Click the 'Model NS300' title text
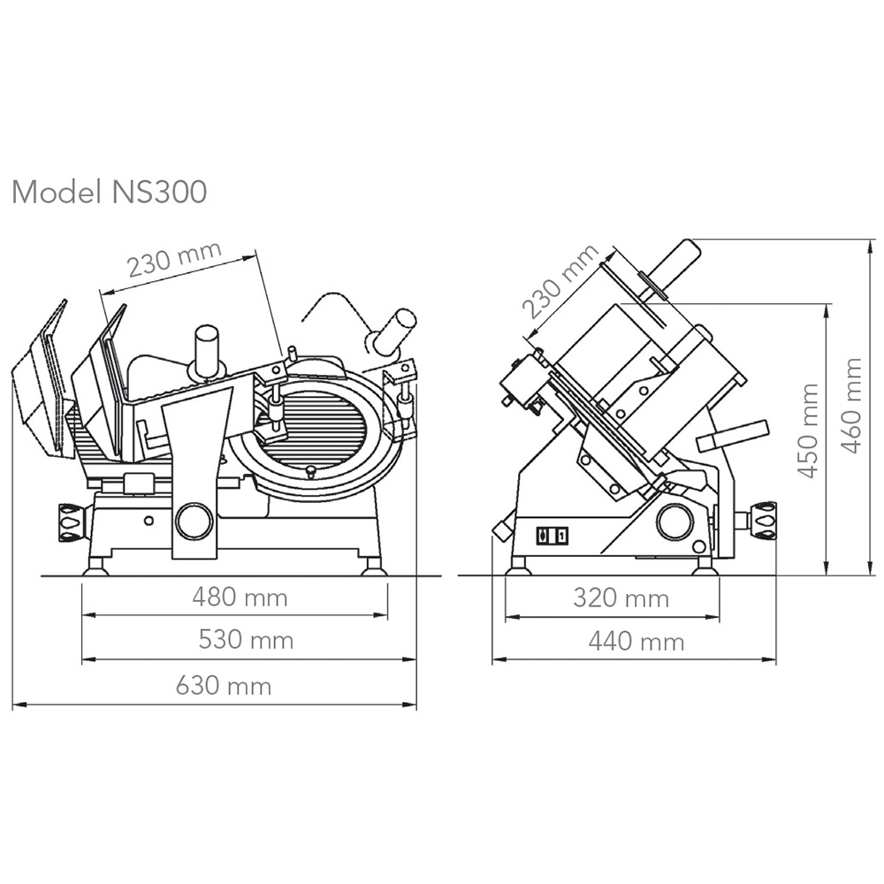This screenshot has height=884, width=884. (x=110, y=192)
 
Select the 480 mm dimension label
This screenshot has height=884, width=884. (x=240, y=597)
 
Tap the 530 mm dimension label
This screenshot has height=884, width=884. (x=246, y=640)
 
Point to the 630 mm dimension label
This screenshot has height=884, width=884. (x=224, y=686)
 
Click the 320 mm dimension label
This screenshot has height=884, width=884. (x=621, y=598)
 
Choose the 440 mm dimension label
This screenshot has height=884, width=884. (x=636, y=642)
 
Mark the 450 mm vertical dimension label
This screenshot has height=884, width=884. (x=809, y=431)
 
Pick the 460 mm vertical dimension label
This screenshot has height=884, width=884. (x=851, y=406)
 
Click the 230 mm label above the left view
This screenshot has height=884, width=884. (x=174, y=260)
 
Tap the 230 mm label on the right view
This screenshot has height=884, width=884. (x=560, y=281)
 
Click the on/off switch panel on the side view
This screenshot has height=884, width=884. (x=552, y=535)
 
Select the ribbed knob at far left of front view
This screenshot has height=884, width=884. (x=72, y=522)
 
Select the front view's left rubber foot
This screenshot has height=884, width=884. (x=95, y=566)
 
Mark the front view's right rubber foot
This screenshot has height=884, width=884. (x=374, y=566)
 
